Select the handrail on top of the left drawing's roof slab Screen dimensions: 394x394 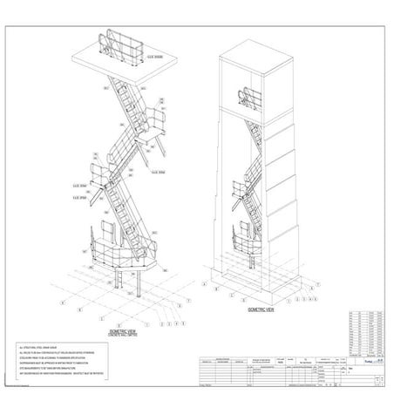[123, 43]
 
